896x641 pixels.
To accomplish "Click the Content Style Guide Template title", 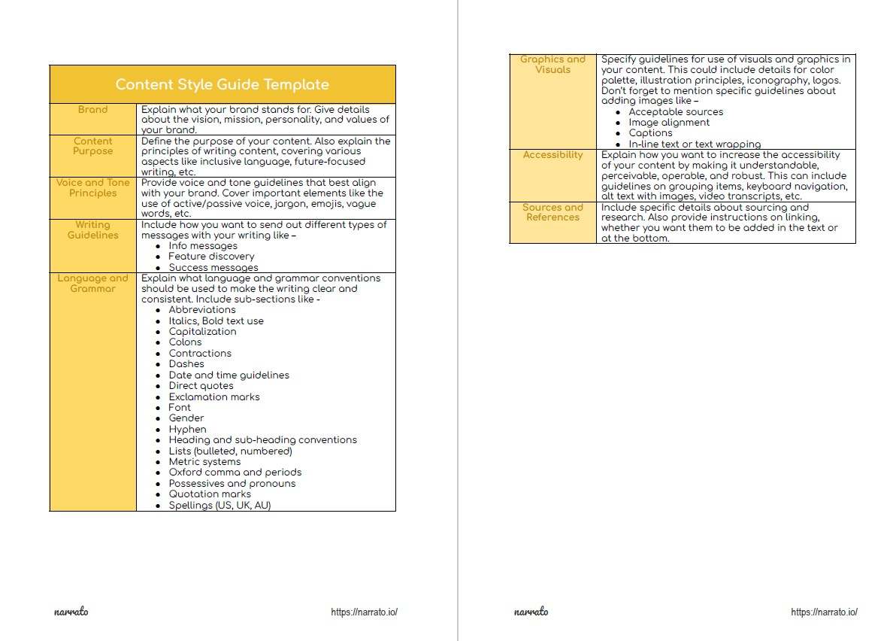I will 222,84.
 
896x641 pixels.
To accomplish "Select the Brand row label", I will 93,110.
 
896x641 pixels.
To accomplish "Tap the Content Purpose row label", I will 93,146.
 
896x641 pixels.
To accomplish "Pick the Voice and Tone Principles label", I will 93,188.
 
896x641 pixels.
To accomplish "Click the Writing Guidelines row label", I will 93,230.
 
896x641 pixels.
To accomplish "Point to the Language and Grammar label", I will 93,284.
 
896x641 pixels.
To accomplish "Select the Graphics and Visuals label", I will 552,65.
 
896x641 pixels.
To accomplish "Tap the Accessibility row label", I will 552,155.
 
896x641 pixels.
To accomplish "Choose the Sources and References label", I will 552,213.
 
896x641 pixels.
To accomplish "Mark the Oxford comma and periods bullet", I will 235,472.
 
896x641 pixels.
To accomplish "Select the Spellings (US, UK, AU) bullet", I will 219,506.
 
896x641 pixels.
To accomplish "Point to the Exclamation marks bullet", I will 213,396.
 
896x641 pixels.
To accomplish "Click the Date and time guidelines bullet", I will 229,375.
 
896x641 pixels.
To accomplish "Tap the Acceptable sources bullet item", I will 676,112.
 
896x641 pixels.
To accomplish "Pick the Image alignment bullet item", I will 669,123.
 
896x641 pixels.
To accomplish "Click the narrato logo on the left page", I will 71,612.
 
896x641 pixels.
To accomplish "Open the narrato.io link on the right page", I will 824,612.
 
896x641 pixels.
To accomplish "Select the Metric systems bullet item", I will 204,462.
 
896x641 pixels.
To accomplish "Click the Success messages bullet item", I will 213,268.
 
